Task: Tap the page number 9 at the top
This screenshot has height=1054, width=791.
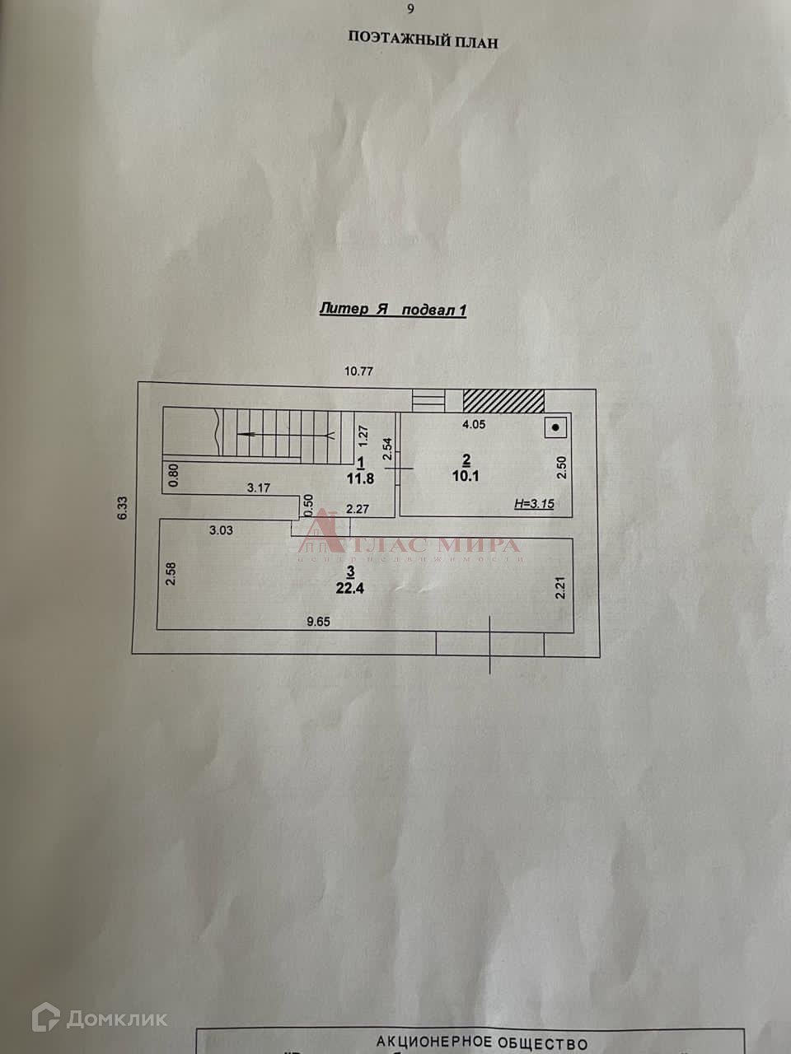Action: tap(411, 10)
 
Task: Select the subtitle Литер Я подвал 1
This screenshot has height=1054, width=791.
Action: tap(393, 310)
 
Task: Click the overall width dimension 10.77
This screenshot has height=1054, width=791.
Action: tap(358, 371)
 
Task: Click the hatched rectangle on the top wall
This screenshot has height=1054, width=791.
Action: tap(503, 400)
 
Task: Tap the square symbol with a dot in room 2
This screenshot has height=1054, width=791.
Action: tap(557, 427)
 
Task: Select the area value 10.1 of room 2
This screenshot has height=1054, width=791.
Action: tap(466, 476)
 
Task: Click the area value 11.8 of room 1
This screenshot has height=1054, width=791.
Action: tap(361, 478)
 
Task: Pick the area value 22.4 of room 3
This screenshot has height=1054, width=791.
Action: tap(349, 588)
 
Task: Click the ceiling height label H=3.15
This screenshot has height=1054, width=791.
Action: tap(534, 504)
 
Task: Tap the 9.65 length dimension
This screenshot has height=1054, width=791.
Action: tap(318, 622)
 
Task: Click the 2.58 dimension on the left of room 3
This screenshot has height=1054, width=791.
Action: tap(171, 574)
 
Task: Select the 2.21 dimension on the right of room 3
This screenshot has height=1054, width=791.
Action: tap(560, 588)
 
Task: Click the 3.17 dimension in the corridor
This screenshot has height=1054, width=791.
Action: tap(259, 487)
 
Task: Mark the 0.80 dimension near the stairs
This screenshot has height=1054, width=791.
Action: tap(173, 475)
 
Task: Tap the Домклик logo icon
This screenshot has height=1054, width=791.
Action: tap(46, 1019)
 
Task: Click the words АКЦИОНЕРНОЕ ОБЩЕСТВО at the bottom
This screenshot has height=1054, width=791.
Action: tap(482, 1043)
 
